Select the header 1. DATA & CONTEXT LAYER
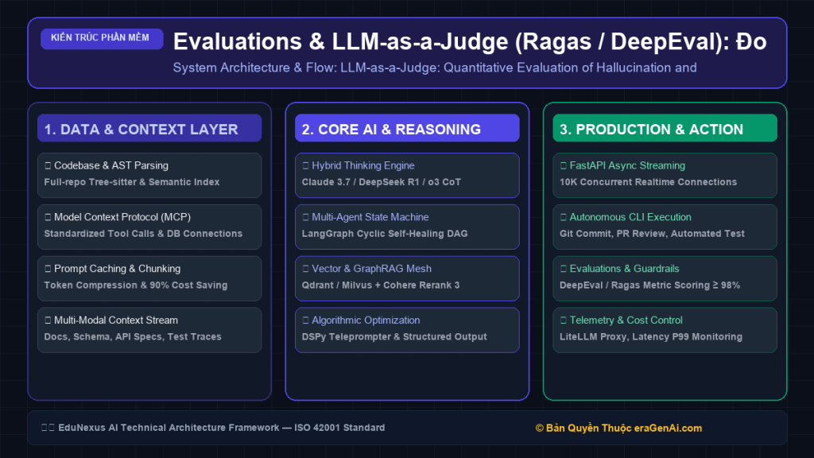(149, 128)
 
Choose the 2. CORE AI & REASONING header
(407, 128)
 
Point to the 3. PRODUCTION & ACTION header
(665, 128)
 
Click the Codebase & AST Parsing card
(149, 175)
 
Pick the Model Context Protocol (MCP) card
(149, 227)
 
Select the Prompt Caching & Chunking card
(149, 278)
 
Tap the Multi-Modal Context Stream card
(149, 330)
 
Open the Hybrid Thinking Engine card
(407, 175)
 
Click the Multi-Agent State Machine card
(407, 227)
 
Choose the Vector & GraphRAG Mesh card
(407, 278)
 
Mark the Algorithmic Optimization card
(407, 330)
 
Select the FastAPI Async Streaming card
(665, 175)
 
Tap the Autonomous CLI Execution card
(665, 227)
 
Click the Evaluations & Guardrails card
(665, 278)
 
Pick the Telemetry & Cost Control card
(665, 330)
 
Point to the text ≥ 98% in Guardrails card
(727, 285)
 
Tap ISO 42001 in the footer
(316, 427)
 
